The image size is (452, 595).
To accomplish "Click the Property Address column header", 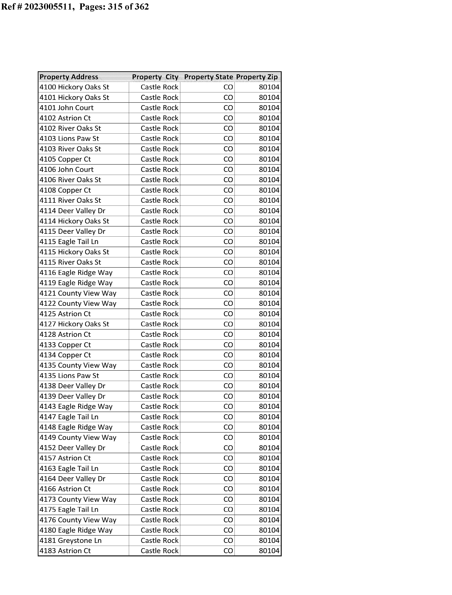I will click(69, 77).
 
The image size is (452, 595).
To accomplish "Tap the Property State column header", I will click(208, 77).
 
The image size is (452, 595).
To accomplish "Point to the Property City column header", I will click(155, 77).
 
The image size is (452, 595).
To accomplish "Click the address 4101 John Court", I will click(66, 108).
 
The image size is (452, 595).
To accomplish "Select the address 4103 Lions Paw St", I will click(69, 139).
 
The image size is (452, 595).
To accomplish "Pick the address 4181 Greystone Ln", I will click(71, 541).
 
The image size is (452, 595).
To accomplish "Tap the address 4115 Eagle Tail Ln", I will click(69, 242).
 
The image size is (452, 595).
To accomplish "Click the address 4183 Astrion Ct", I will click(65, 551).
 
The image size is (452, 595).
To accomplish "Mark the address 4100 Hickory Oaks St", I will click(74, 87).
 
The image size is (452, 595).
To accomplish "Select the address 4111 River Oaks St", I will click(70, 200).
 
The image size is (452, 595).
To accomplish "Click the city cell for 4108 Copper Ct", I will click(159, 190).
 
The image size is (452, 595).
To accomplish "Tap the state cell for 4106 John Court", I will click(228, 170).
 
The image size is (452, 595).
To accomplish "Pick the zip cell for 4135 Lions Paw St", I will click(269, 376).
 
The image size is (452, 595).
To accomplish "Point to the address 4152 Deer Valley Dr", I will click(72, 448).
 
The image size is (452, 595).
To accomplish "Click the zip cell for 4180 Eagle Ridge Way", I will click(269, 530).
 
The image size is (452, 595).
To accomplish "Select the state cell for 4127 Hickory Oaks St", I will click(228, 324).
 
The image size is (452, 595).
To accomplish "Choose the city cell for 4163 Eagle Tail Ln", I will click(159, 469).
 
